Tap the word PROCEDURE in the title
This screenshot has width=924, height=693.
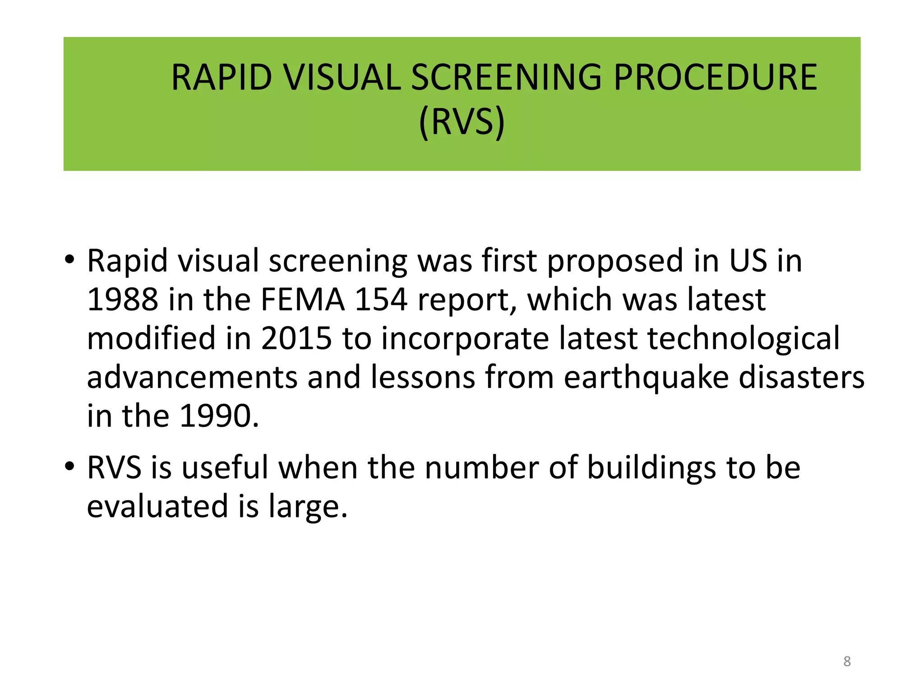(715, 78)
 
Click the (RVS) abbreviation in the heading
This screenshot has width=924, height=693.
(462, 122)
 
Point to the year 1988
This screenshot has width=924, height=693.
(122, 300)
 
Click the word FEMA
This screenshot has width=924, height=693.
(303, 300)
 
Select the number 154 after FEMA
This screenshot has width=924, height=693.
(381, 300)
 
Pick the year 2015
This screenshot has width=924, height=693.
(296, 338)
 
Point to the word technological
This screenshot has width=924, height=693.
(744, 338)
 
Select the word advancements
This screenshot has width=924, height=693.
(192, 377)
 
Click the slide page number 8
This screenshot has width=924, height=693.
(847, 661)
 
